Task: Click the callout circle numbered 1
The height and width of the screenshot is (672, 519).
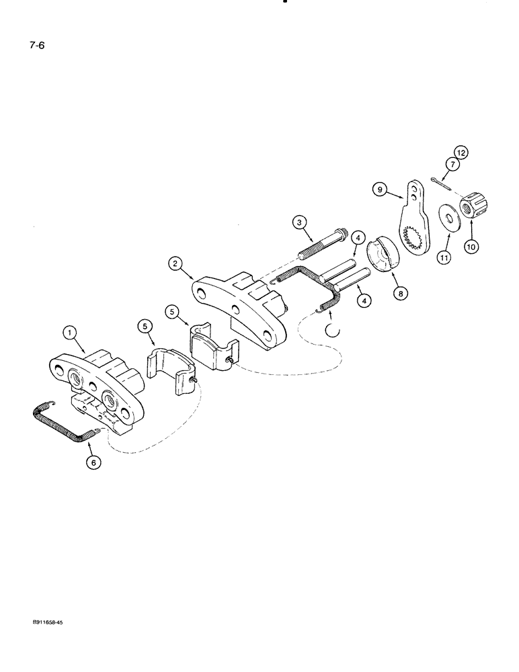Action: point(69,331)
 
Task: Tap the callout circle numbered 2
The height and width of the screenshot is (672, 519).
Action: point(177,264)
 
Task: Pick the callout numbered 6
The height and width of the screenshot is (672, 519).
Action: point(91,462)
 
